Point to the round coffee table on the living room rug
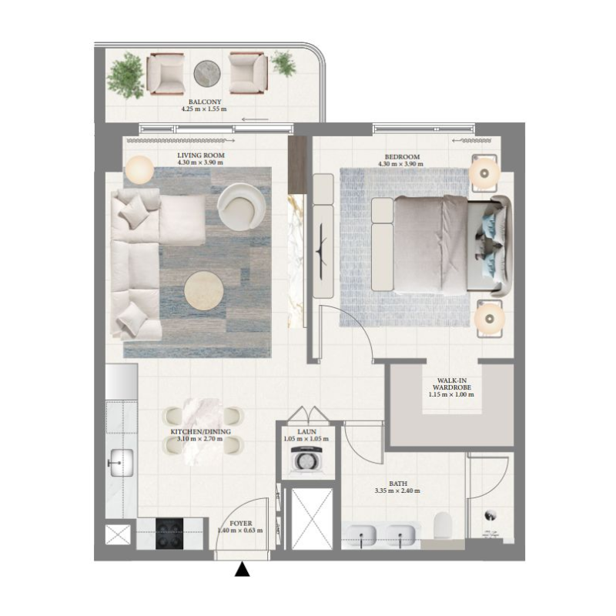pos(204,292)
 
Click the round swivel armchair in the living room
pos(241,204)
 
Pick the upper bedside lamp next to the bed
pos(485,173)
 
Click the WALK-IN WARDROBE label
pos(450,385)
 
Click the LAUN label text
pos(306,433)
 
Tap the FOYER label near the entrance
pos(241,523)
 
